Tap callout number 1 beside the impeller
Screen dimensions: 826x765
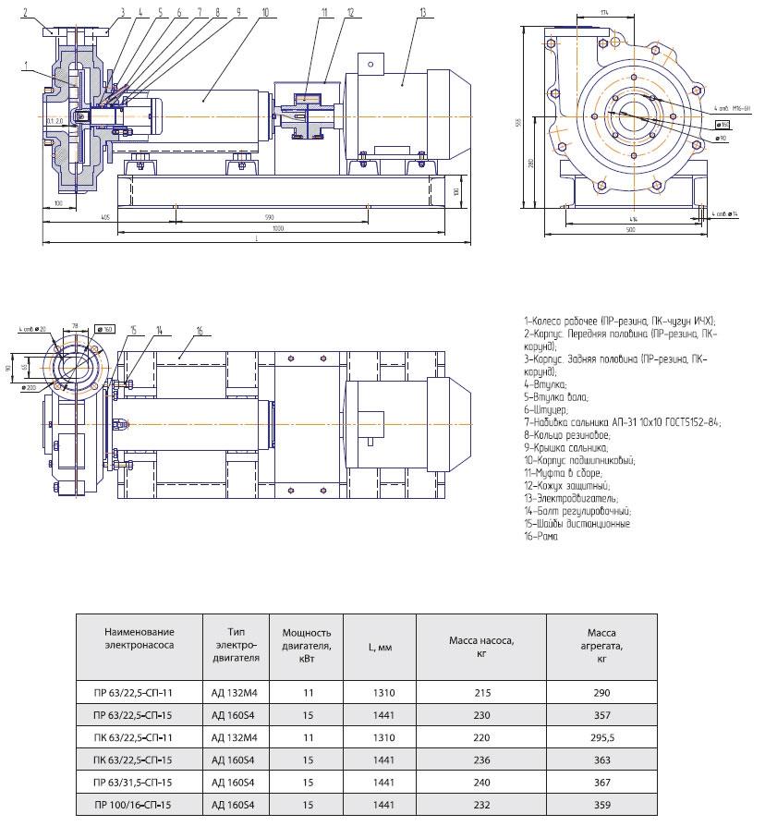[x=29, y=64]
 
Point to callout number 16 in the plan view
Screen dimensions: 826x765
[x=199, y=330]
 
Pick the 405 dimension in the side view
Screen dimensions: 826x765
[x=106, y=216]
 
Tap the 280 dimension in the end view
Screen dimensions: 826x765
[x=534, y=164]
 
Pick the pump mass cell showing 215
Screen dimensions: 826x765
[x=480, y=691]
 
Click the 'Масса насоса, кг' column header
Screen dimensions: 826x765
[x=480, y=646]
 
